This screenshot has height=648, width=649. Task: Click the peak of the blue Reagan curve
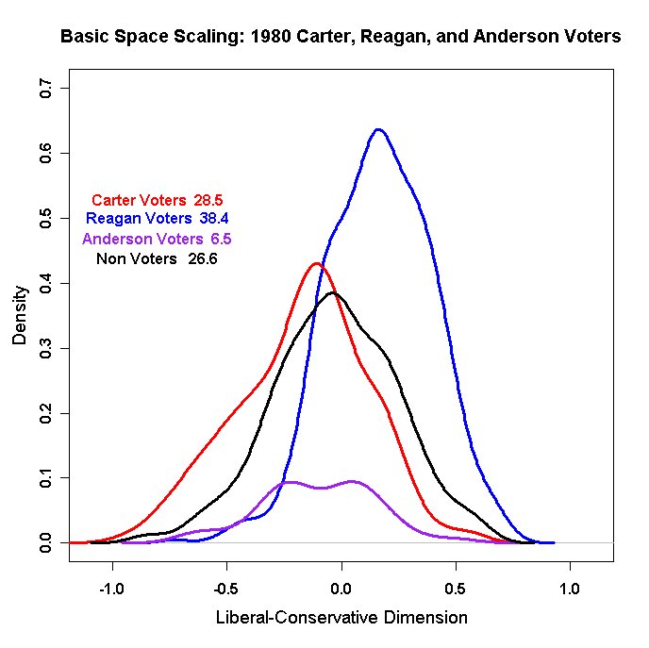[x=378, y=130]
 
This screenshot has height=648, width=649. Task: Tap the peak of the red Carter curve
[x=316, y=264]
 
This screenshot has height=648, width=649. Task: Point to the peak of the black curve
[x=333, y=293]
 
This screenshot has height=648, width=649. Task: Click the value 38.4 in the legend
[x=213, y=219]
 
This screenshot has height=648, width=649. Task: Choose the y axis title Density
[x=20, y=315]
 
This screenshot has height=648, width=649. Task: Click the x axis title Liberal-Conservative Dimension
[x=341, y=619]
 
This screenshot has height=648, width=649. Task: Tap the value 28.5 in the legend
[x=208, y=200]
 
